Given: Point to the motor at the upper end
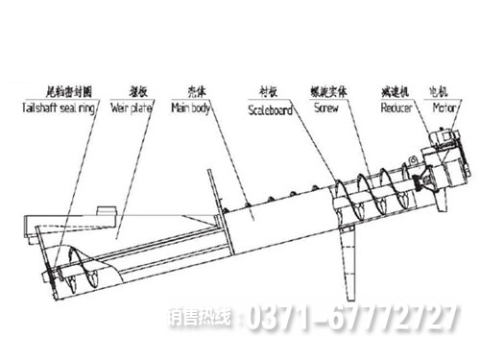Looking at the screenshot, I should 443,149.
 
